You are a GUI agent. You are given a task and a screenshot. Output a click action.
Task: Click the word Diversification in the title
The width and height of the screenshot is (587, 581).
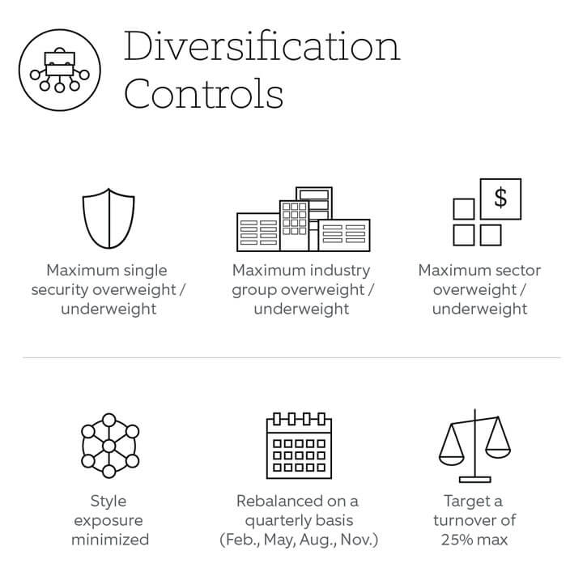(262, 46)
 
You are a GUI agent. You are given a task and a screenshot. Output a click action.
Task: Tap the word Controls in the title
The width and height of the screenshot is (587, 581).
(204, 93)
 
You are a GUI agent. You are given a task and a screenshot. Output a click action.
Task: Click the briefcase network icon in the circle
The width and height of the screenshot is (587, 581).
(60, 70)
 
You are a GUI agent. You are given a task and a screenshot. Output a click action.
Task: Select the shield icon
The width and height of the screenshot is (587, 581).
(108, 219)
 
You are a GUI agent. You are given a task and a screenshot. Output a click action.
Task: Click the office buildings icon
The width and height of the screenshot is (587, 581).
(304, 219)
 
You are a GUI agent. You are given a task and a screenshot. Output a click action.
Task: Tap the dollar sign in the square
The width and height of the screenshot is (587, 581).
(500, 199)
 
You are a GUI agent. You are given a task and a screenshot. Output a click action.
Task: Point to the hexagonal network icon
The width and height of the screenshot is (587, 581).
(109, 446)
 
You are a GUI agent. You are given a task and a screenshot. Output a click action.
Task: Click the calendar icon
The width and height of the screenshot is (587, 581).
(299, 446)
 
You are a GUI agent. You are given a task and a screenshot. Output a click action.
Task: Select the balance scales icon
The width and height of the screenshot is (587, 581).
(474, 446)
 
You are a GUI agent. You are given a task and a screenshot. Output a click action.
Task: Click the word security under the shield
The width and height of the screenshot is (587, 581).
(60, 290)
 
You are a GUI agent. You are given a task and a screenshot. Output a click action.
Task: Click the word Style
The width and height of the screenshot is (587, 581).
(108, 502)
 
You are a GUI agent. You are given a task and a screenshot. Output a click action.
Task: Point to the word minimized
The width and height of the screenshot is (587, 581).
(110, 540)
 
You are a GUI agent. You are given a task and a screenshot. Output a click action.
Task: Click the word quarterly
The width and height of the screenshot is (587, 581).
(279, 521)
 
